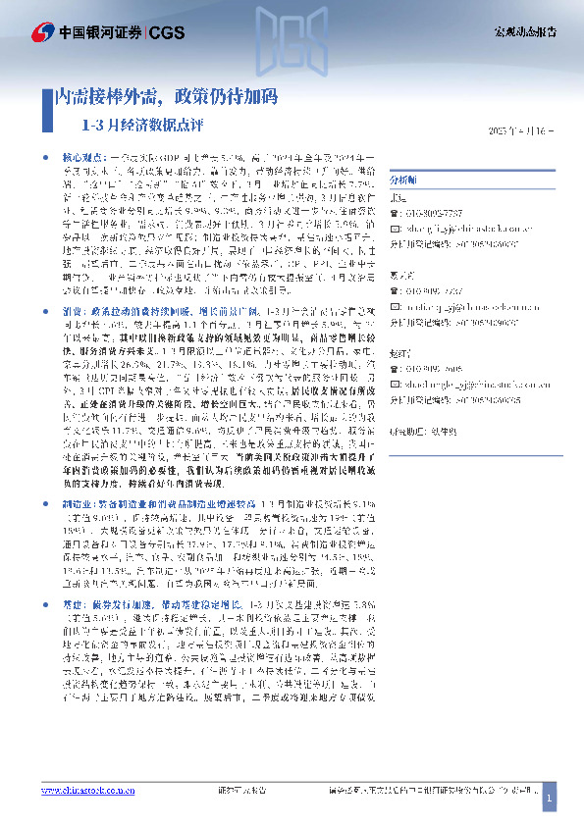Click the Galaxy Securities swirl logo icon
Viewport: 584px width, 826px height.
[42, 31]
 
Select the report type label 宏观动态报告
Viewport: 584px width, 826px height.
[524, 31]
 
